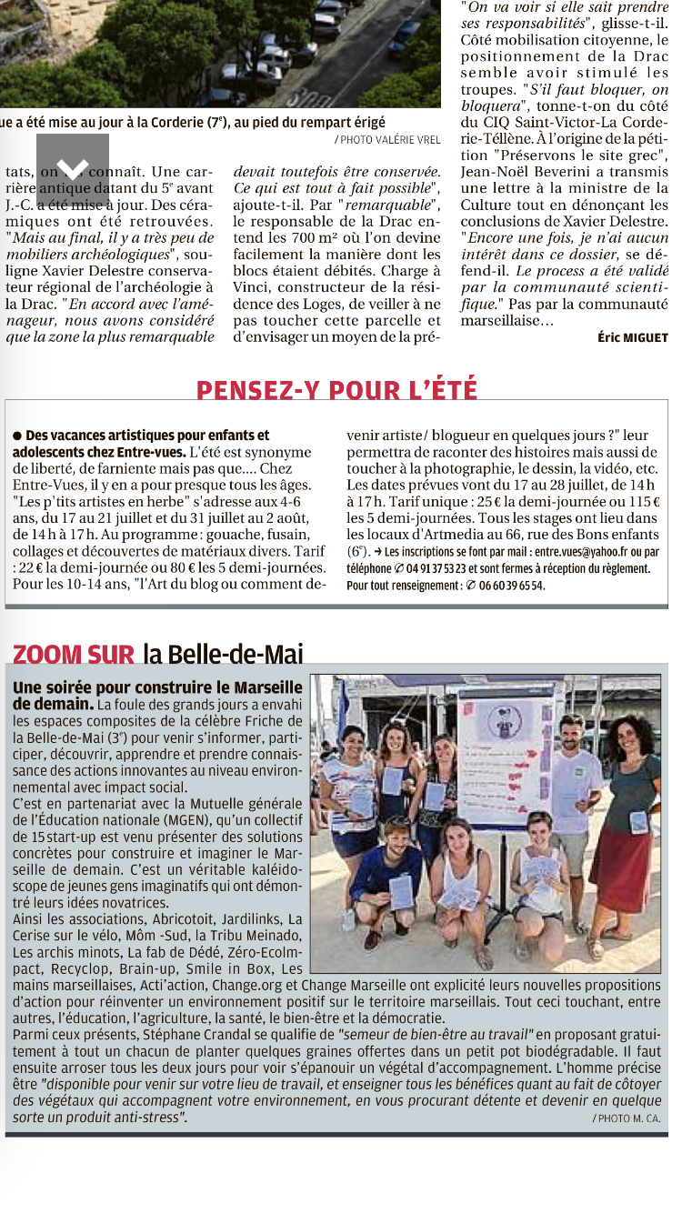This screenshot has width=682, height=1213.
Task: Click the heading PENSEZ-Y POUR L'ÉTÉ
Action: click(336, 389)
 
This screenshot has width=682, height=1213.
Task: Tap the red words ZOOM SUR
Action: click(74, 653)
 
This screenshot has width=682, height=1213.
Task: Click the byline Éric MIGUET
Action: click(632, 337)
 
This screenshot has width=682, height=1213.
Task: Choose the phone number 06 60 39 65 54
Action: click(512, 585)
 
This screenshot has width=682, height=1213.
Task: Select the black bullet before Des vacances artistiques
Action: click(17, 436)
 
